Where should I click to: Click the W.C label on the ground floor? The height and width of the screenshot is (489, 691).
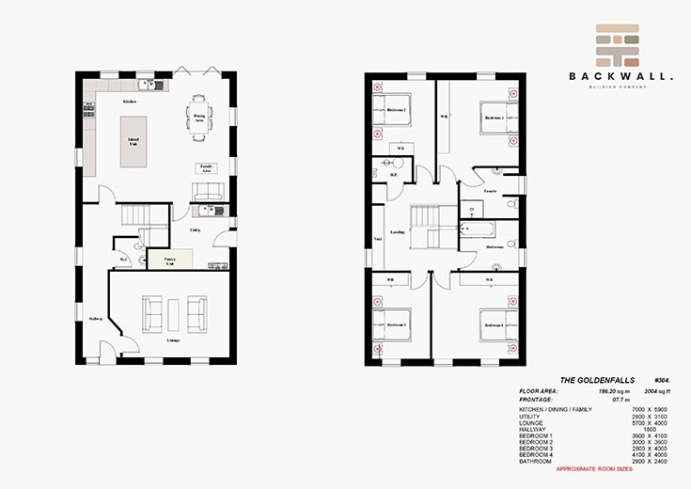point(122,260)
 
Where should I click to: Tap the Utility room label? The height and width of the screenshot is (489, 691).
point(195,229)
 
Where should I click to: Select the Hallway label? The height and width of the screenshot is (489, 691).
point(95,318)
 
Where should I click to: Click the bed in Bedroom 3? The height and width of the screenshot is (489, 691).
point(395,324)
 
